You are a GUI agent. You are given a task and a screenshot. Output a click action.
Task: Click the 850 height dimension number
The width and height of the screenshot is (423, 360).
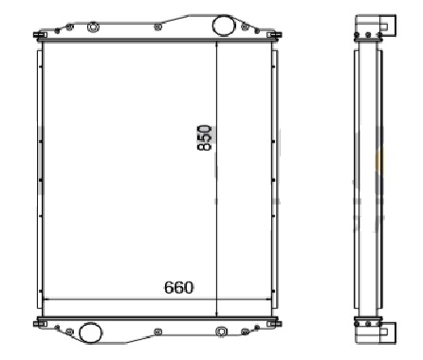tap(204, 137)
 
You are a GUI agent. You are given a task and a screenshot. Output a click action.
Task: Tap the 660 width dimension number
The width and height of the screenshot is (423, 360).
tap(178, 288)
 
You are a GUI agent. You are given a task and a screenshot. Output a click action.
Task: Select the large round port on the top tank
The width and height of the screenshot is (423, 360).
tap(223, 25)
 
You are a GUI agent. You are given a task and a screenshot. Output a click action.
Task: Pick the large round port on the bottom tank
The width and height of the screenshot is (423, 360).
tap(90, 333)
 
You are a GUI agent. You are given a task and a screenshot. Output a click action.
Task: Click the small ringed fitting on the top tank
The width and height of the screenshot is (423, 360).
tap(93, 27)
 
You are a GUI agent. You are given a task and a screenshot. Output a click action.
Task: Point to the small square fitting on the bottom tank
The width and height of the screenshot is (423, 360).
tap(221, 332)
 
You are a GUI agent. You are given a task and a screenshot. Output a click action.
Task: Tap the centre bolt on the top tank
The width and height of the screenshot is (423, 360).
tap(157, 27)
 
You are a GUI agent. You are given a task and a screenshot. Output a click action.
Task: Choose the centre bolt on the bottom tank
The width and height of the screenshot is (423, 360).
tap(157, 332)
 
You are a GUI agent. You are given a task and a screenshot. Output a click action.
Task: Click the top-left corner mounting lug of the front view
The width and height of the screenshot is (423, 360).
tap(40, 35)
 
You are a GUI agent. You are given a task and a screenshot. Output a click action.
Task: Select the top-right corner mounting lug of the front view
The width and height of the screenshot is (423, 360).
tap(274, 35)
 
